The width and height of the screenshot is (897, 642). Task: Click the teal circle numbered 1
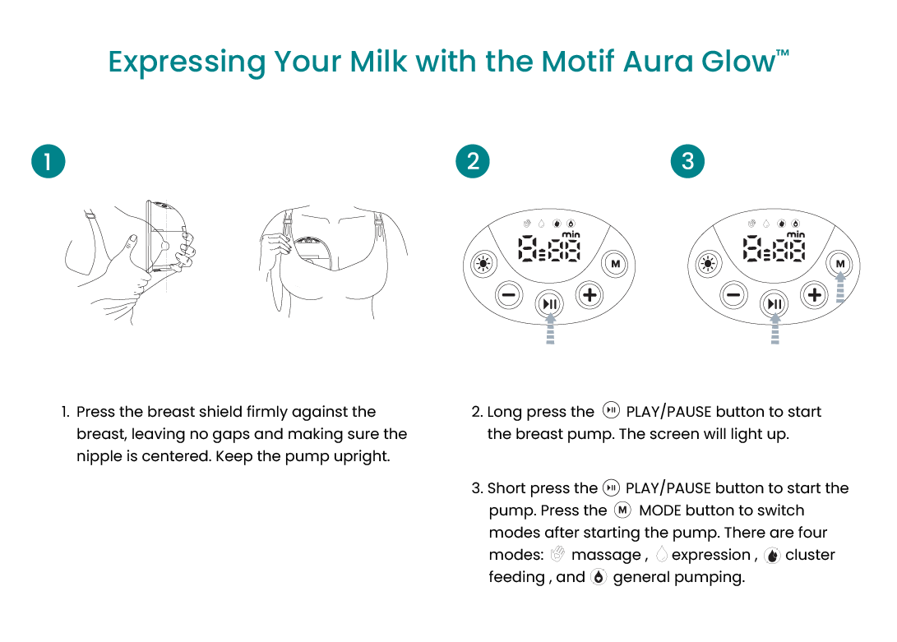click(x=48, y=161)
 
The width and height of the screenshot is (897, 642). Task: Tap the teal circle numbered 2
click(x=473, y=161)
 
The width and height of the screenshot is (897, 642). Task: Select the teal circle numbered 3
click(x=687, y=161)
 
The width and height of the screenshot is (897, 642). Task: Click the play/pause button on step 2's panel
click(x=549, y=304)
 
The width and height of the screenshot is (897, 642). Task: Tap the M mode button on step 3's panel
click(x=839, y=264)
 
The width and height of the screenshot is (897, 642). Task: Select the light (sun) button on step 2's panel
click(x=483, y=265)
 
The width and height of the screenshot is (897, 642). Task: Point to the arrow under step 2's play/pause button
click(x=550, y=329)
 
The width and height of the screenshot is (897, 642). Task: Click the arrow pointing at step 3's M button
click(x=840, y=287)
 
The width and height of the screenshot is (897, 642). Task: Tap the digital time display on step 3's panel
click(x=774, y=248)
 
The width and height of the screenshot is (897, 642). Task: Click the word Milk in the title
click(x=378, y=61)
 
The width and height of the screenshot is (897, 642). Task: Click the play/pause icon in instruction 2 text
click(x=611, y=410)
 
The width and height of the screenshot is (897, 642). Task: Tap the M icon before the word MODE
click(x=622, y=510)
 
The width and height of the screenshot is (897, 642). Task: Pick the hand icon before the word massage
click(x=557, y=554)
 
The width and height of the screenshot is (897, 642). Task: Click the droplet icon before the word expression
click(x=661, y=554)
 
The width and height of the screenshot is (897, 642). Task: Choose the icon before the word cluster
click(x=772, y=554)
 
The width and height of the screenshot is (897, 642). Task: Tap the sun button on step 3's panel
click(x=708, y=265)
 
